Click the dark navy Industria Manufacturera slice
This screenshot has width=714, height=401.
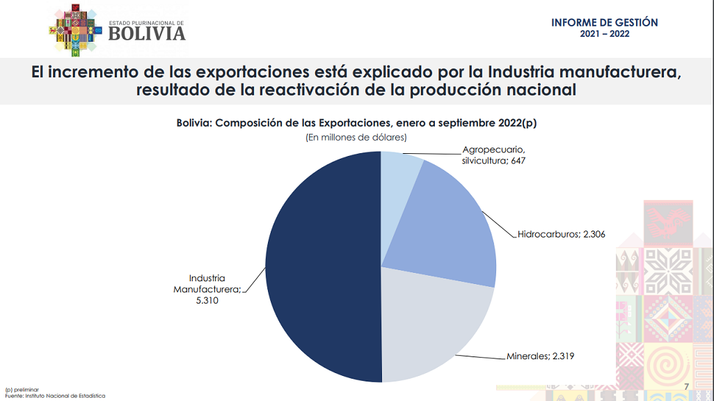coord(320,268)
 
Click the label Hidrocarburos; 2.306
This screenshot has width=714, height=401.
coord(561,235)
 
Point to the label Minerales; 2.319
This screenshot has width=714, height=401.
coord(540,356)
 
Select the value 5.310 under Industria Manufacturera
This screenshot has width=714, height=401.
coord(207,300)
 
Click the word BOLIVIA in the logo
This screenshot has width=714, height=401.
coord(148,33)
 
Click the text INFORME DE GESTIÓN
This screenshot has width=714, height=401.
coord(604,22)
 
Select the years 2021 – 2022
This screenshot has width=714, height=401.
coord(604,34)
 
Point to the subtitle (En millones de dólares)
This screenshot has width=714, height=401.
coord(356,138)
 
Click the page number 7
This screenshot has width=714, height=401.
coord(686,387)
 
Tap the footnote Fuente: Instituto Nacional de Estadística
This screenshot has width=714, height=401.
coord(55,396)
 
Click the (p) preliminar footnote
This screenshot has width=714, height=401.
coord(22,390)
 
